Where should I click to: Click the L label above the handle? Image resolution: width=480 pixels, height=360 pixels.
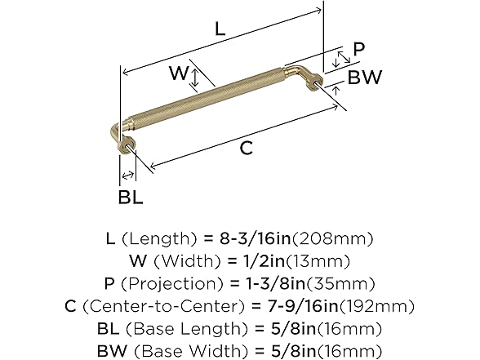pyautogui.click(x=219, y=28)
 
